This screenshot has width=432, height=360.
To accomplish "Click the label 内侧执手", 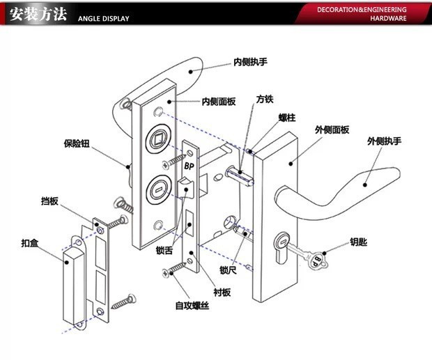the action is click(250, 62).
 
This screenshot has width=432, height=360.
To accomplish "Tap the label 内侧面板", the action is click(219, 102).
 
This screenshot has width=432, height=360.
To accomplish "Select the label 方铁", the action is click(265, 100).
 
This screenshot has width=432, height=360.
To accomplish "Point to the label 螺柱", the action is click(287, 118).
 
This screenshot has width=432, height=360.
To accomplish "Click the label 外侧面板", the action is click(332, 130).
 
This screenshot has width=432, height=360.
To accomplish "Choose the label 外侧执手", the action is click(384, 141).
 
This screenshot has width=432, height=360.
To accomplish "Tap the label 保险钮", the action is click(77, 143).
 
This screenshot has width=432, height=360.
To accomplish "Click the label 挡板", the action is click(49, 201).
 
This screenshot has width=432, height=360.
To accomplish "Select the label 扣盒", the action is click(30, 243).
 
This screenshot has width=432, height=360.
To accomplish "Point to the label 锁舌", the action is click(164, 250).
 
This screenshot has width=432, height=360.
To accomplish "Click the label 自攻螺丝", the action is click(192, 306).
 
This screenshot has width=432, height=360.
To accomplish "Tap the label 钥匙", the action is click(358, 242).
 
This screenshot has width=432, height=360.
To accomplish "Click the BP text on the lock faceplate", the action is click(189, 166).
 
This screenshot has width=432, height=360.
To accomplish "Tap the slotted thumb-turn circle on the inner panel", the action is click(158, 190).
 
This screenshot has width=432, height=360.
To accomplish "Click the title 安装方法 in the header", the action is click(38, 14).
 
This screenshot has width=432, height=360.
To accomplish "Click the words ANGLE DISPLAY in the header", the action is click(104, 19).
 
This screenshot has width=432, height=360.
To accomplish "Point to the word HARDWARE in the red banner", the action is click(388, 18).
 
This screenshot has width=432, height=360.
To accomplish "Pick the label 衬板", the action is click(222, 292).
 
